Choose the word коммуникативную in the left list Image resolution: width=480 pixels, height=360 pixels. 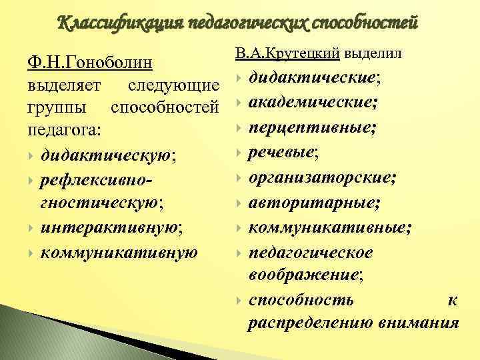119,251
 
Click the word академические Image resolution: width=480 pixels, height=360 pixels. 311,103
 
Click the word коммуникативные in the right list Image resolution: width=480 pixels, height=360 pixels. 327,228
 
